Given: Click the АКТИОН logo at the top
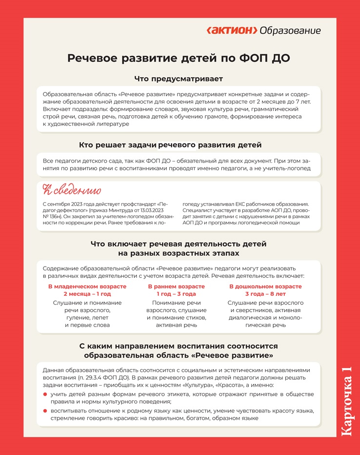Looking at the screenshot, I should (232, 31).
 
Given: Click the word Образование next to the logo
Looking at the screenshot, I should (290, 31).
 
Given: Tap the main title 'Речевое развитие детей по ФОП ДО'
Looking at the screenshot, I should (179, 59).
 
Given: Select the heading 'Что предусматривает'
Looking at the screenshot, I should (179, 79).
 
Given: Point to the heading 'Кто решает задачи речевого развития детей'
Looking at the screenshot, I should (170, 145).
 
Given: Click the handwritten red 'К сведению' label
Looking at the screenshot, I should (72, 190).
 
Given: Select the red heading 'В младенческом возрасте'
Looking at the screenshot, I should (87, 286).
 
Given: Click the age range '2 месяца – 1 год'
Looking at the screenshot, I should (87, 294).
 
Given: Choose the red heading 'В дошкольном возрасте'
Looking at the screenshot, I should (265, 286).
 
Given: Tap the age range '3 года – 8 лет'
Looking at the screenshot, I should (265, 294).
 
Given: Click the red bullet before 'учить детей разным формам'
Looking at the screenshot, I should (45, 394).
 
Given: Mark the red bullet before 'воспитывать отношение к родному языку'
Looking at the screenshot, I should (45, 411).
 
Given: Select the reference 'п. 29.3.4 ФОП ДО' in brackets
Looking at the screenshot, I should (104, 378).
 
